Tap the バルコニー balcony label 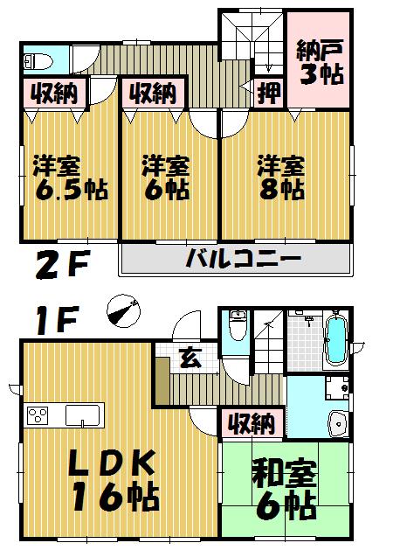pyautogui.click(x=242, y=260)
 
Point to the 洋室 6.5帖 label pyautogui.click(x=70, y=178)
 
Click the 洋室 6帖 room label pyautogui.click(x=166, y=178)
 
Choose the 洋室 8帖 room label pyautogui.click(x=280, y=178)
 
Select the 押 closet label pyautogui.click(x=269, y=91)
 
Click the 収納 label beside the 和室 pyautogui.click(x=251, y=425)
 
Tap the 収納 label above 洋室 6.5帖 pyautogui.click(x=54, y=91)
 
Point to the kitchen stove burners pyautogui.click(x=39, y=414)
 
